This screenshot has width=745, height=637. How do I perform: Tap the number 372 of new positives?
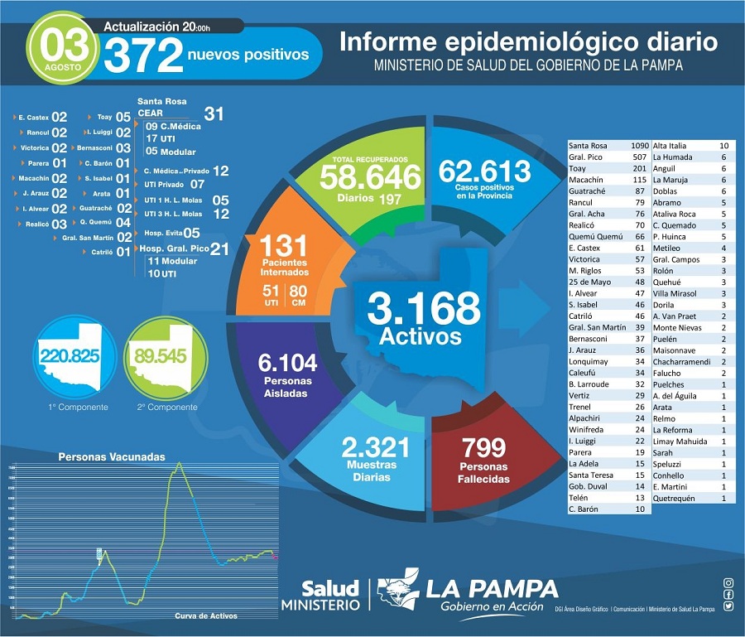point(143,56)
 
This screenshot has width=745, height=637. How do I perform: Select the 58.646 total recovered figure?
point(364,176)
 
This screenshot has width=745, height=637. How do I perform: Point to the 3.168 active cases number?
point(424,308)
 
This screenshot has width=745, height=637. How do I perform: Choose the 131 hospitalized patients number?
point(284,246)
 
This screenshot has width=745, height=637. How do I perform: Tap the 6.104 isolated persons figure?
point(287,362)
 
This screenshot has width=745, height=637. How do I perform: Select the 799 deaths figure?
point(484,448)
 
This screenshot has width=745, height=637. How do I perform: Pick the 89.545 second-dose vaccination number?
point(162,356)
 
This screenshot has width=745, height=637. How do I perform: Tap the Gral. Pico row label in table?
point(585,157)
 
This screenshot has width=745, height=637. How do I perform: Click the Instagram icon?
point(728,583)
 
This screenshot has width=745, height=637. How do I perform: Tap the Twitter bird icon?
point(728,606)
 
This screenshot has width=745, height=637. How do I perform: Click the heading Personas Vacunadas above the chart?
point(111,456)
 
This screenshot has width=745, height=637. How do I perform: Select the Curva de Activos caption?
point(205,615)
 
